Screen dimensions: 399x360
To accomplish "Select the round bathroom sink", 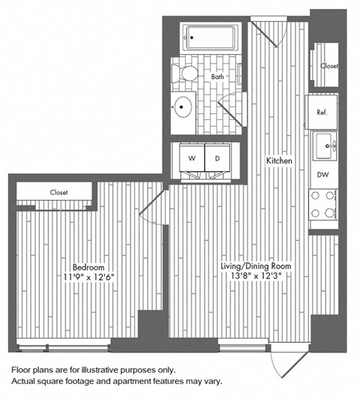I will point(183,106).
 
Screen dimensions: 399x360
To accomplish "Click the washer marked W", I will point(190,158).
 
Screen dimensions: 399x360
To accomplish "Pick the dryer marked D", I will point(217,158).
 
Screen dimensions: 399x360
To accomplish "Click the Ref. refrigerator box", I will point(322,112).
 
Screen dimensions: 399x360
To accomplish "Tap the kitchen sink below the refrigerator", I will point(325,145).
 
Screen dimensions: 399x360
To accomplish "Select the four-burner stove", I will point(324,205).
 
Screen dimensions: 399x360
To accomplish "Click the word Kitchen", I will point(277,160).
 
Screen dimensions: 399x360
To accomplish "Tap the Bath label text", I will point(217,76).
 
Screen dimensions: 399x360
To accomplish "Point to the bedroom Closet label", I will point(58,192).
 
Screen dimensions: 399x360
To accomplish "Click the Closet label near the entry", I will point(328,66).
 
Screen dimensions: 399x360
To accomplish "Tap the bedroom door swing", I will point(153,205).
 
